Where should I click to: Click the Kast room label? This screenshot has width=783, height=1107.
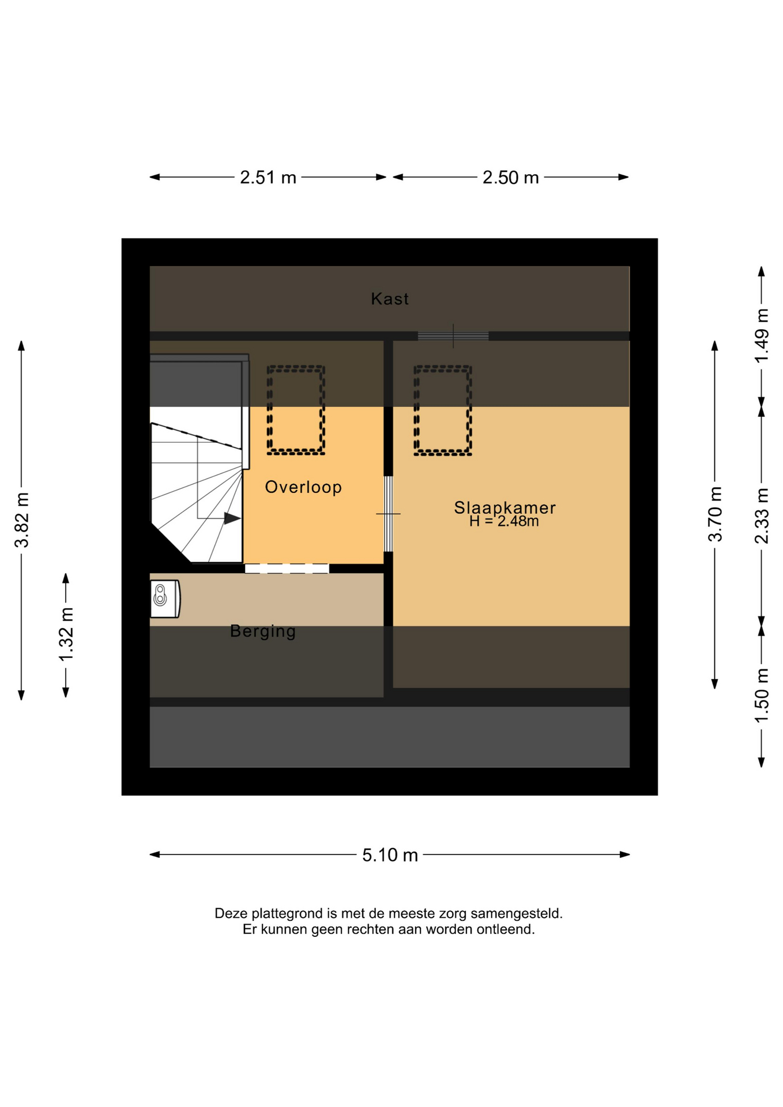click(x=390, y=299)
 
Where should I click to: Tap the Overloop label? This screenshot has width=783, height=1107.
click(x=303, y=487)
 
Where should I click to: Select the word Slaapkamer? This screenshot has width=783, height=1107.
click(x=505, y=507)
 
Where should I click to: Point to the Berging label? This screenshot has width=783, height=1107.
click(x=263, y=631)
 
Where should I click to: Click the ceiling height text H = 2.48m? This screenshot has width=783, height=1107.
click(x=504, y=521)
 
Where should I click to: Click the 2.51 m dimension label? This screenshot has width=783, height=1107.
click(x=268, y=178)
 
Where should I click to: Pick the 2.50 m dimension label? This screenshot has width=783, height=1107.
click(x=511, y=178)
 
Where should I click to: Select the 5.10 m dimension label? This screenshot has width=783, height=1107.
click(x=390, y=855)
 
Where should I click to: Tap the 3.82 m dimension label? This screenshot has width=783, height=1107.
click(x=22, y=520)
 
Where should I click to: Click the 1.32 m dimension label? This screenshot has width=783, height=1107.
click(x=66, y=635)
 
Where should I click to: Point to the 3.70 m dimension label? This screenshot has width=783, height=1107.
click(x=715, y=514)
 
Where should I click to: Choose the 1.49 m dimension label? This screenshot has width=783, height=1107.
click(x=762, y=336)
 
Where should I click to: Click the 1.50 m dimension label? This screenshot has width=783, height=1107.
click(x=762, y=695)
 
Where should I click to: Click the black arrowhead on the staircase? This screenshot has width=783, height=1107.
click(x=232, y=518)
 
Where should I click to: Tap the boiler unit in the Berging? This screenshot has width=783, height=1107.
click(x=165, y=598)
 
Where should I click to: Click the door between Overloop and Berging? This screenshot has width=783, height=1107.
click(x=287, y=568)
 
